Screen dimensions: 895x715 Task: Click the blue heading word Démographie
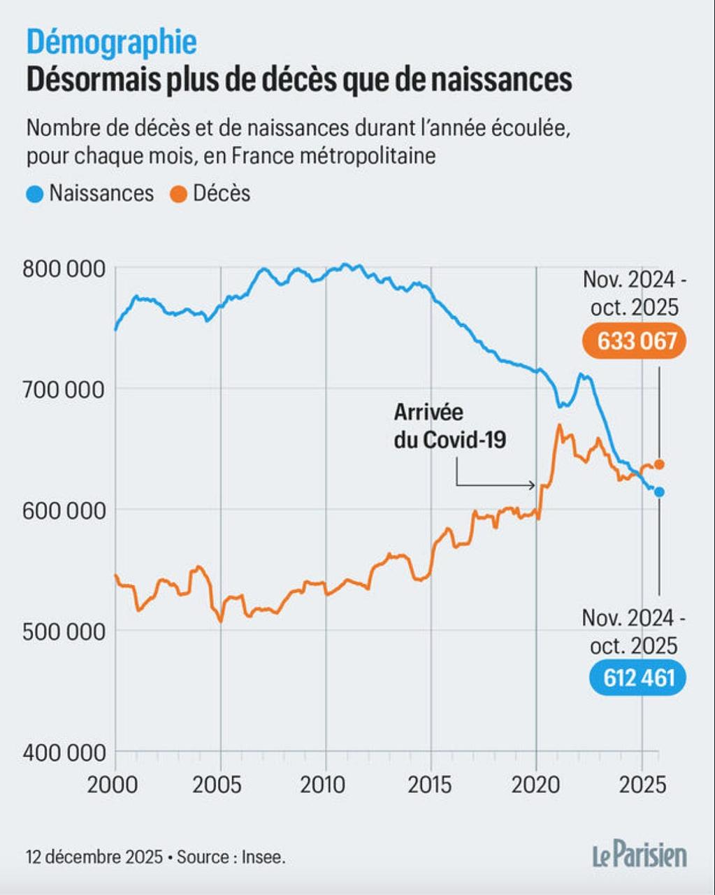112,43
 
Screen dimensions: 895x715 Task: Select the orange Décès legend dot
179,194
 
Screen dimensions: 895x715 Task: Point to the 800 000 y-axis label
64,268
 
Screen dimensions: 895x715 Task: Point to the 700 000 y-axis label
64,389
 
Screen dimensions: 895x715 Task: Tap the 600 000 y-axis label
64,510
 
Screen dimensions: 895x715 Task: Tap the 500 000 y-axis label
64,631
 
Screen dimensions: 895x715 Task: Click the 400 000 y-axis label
64,752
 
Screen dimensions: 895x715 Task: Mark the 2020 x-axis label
536,784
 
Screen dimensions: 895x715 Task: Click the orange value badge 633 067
633,341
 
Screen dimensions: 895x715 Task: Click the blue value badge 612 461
637,677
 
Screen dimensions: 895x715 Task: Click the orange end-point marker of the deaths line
658,464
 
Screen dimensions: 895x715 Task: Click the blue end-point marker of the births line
658,492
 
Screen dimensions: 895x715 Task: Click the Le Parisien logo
640,855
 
